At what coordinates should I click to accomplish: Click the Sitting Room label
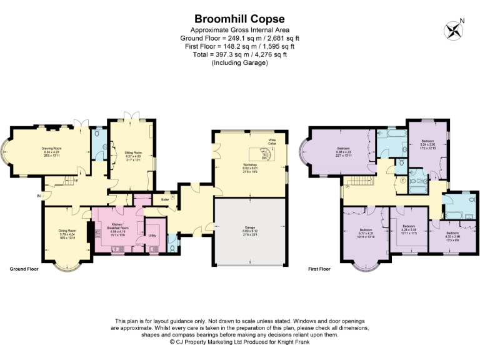(x=131, y=154)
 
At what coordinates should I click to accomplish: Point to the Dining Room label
(x=67, y=232)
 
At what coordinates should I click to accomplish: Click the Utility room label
(x=152, y=236)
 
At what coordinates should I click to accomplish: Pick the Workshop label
(x=249, y=166)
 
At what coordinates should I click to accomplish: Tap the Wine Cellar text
(x=272, y=141)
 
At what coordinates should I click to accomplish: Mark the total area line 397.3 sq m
(x=239, y=54)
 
